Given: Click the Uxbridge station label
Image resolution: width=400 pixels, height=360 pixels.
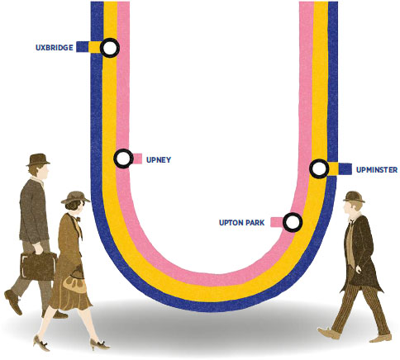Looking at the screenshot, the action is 55,48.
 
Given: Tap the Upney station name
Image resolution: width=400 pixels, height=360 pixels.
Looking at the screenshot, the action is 159,160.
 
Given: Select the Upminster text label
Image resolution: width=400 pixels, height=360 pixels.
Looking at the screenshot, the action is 377,170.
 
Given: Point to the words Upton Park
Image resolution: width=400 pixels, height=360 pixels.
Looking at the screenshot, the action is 241,222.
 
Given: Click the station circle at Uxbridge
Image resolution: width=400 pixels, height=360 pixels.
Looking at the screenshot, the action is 110,48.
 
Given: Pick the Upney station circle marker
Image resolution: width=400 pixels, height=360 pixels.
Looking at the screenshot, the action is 123,159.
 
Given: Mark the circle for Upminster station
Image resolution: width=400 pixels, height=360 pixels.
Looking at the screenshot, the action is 319,168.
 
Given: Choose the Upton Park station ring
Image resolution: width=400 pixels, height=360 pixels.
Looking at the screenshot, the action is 293,222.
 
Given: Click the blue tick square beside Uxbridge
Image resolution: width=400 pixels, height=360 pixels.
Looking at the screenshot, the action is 83,46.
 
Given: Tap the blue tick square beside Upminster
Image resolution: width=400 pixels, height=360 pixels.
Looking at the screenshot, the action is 345,169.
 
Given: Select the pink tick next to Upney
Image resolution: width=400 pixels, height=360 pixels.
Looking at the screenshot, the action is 137,159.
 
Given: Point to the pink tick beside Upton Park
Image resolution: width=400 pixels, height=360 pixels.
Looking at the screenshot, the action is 277,222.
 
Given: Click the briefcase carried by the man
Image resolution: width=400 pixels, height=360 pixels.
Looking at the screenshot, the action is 38,265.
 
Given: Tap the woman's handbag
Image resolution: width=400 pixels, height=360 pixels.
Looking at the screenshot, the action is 74,281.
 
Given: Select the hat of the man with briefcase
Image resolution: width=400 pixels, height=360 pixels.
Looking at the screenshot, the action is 38,159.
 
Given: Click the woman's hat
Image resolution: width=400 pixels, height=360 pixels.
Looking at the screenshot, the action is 75,197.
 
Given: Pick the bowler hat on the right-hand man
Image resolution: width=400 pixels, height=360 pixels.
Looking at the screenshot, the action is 355,197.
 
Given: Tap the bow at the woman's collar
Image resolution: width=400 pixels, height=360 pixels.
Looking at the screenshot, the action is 78,219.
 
